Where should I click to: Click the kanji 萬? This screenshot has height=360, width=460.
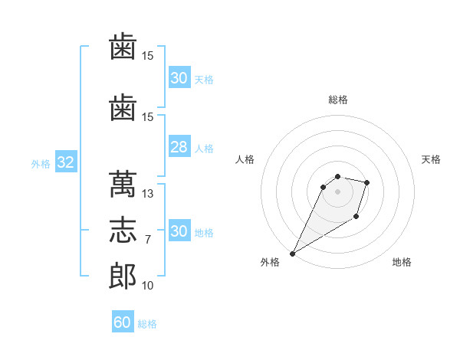pos(123,184)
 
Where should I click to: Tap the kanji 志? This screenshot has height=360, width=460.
pos(123,230)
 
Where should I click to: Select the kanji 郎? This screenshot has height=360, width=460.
pos(123,276)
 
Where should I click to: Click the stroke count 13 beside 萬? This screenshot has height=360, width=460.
pos(147,194)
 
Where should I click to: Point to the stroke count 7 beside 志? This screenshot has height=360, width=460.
pos(148,240)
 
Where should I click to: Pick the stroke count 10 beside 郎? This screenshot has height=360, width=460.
pos(147,285)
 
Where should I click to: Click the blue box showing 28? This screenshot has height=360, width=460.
pos(179,146)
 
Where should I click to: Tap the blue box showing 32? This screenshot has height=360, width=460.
pos(66,162)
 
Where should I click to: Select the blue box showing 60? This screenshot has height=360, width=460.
pos(123,321)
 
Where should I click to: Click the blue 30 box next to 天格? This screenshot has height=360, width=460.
pos(179,77)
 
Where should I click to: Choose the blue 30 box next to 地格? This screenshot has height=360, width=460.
pos(179,230)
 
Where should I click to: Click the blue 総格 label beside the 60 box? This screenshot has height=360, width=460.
pos(147,324)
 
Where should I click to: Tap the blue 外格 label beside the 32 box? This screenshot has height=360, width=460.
pos(41,164)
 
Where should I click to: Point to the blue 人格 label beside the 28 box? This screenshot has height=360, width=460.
pos(204,149)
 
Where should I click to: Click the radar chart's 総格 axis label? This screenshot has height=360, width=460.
pos(338,100)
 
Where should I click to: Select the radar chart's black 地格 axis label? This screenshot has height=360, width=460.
pos(402,262)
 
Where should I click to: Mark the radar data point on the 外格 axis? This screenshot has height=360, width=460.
pos(293,254)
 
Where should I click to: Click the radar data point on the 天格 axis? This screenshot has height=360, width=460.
pos(366,182)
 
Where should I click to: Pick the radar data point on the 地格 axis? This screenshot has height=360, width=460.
pos(356,216)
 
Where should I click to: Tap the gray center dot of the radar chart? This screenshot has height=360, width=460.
pos(337,191)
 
